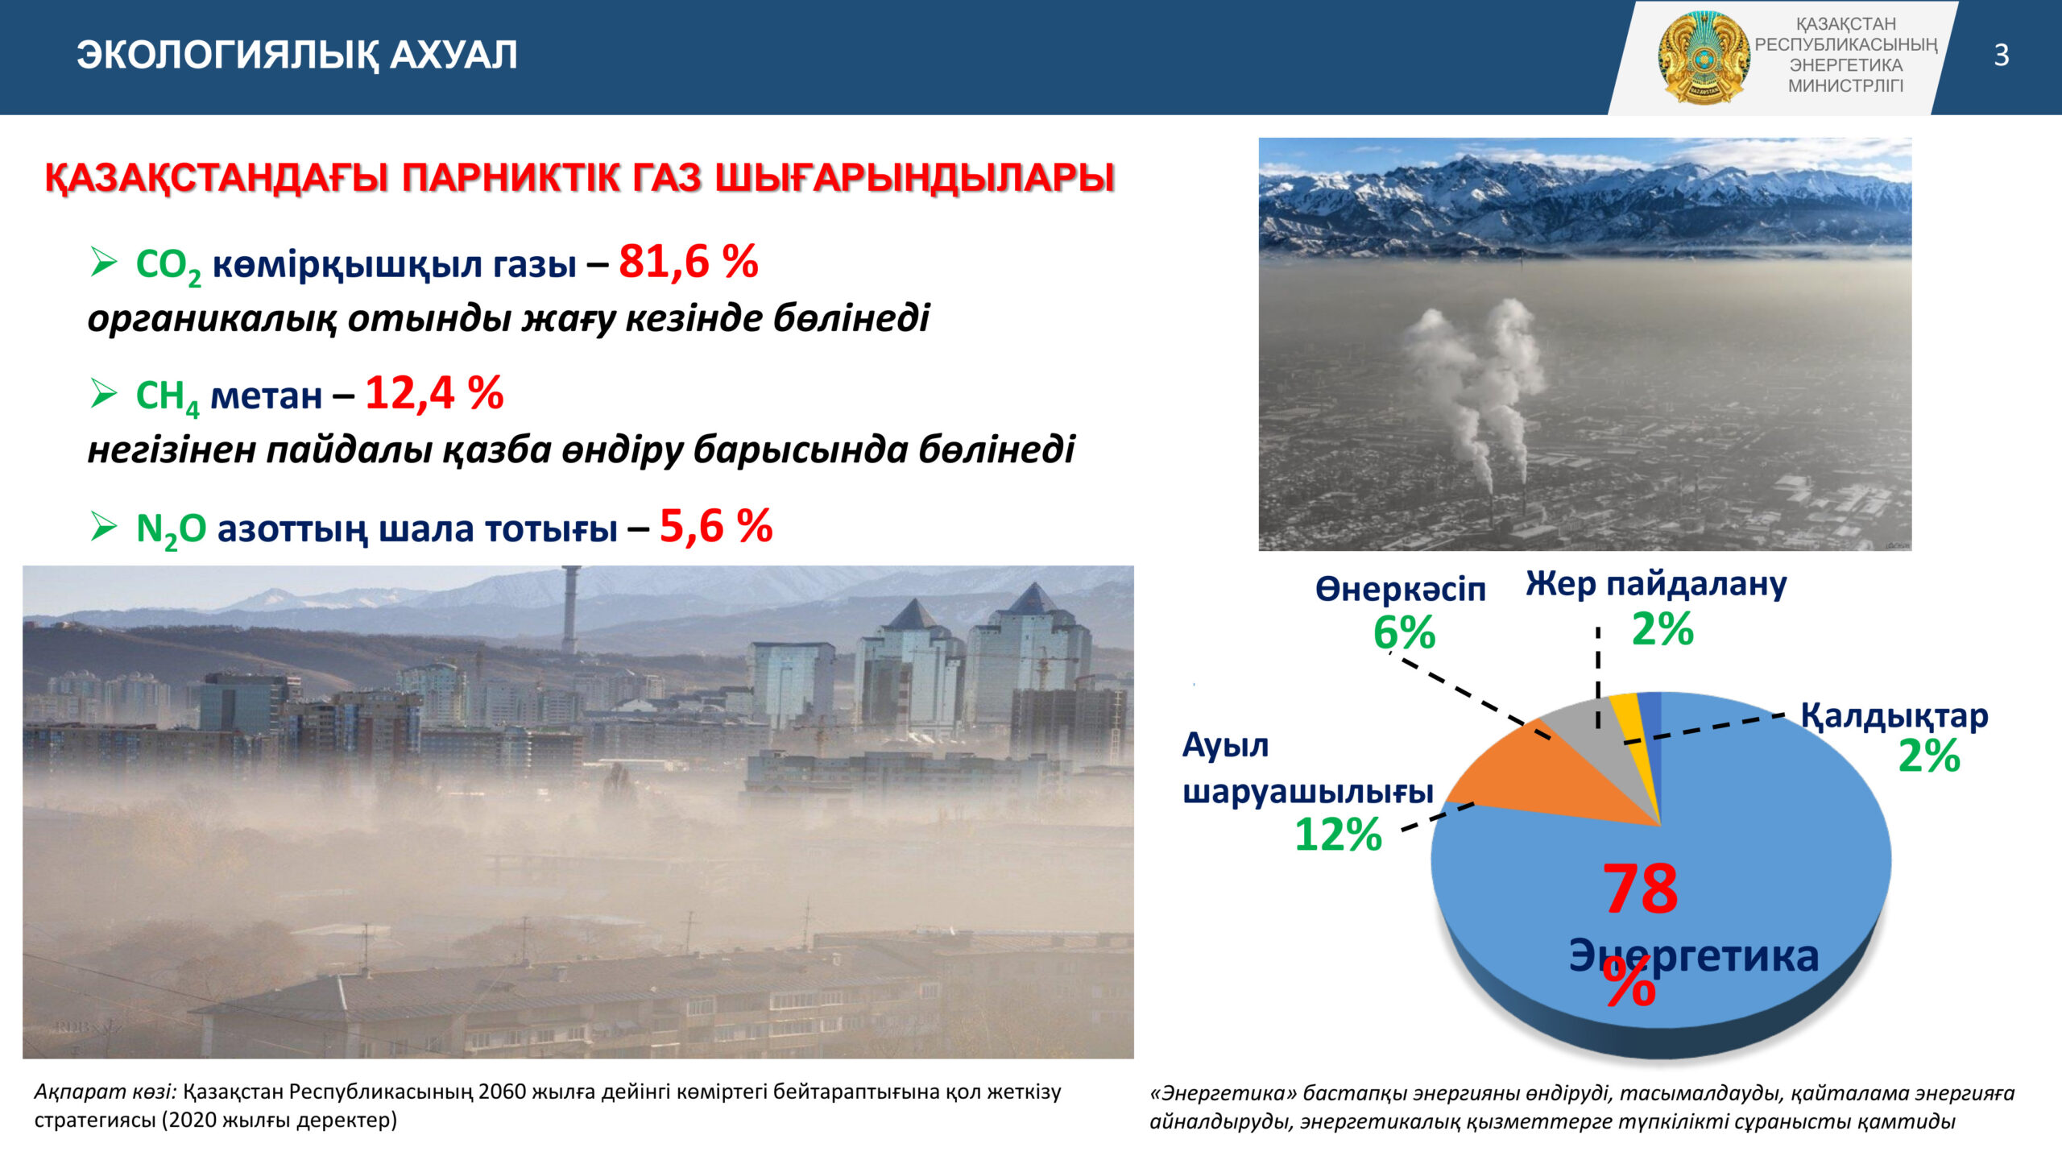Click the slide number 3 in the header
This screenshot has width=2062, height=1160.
click(2001, 55)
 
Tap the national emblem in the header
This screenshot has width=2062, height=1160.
click(1702, 57)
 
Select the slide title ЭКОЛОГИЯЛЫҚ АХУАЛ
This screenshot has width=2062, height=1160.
click(297, 55)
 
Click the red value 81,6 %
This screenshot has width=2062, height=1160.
click(689, 262)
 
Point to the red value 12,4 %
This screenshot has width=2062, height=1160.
click(435, 393)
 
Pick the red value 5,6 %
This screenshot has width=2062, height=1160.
click(716, 526)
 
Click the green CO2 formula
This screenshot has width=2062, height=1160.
click(168, 267)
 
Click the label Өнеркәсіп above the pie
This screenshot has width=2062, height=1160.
click(1401, 589)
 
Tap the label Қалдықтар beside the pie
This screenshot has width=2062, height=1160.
click(1894, 716)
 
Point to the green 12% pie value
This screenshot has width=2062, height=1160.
click(1339, 835)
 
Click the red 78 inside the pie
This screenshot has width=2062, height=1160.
click(1641, 889)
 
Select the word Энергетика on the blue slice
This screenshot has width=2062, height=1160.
click(1694, 957)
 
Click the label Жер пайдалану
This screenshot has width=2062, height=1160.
click(1656, 583)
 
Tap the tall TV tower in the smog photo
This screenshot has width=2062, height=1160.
click(570, 608)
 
